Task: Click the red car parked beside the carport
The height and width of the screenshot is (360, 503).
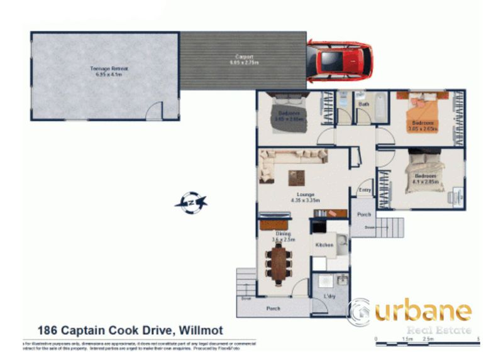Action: (340, 62)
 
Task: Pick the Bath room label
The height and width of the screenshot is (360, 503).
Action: (363, 104)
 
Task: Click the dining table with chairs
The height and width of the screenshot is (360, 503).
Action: (277, 264)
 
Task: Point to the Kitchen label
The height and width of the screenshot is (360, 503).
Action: (324, 244)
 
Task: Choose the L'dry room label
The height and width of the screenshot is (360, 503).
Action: (328, 295)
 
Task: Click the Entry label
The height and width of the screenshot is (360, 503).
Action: (365, 190)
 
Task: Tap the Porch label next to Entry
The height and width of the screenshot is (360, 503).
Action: (364, 214)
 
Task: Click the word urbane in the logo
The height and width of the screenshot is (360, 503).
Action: (421, 310)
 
